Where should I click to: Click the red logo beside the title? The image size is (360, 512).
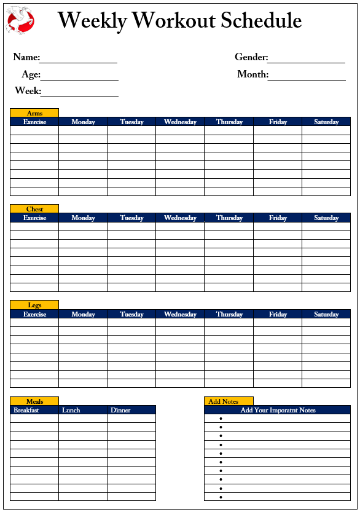tap(20, 20)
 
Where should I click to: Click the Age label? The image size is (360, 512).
tap(31, 74)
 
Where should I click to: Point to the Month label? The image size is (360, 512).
tap(252, 74)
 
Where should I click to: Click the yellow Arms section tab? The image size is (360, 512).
tap(34, 113)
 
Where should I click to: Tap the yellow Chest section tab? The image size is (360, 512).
tap(34, 209)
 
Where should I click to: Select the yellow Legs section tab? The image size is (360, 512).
tap(34, 305)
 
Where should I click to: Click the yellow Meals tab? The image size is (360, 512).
tap(34, 401)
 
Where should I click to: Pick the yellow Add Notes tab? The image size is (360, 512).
tap(228, 401)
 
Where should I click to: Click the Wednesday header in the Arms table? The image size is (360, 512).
tap(180, 122)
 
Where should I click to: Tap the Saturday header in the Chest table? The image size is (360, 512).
tap(326, 218)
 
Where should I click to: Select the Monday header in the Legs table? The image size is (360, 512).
tap(83, 314)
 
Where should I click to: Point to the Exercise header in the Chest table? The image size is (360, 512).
tap(34, 218)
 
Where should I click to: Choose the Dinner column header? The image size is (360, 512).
tap(120, 410)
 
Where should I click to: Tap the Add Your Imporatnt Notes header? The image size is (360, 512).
tap(278, 410)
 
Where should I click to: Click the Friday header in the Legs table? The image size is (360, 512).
tap(278, 314)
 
